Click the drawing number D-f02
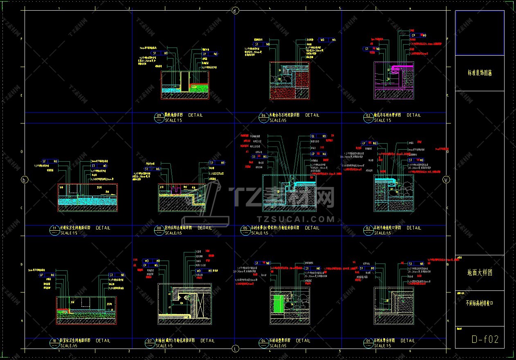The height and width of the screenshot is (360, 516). (x=485, y=339)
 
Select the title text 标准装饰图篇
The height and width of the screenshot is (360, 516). (x=480, y=73)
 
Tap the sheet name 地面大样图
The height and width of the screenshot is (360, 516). (x=480, y=272)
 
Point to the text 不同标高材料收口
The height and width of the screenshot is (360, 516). (x=480, y=303)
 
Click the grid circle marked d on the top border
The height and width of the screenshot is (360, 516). (x=235, y=11)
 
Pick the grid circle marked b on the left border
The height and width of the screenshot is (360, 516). (x=24, y=180)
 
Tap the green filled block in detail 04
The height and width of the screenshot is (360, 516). (x=279, y=304)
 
